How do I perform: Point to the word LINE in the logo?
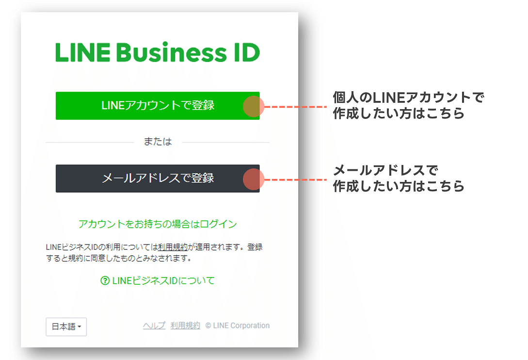click(81, 52)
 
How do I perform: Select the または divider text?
click(158, 142)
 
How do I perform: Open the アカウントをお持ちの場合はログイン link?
click(158, 224)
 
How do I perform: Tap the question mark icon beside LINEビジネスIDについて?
click(105, 280)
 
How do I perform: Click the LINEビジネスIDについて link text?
click(163, 280)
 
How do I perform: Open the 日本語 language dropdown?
click(66, 327)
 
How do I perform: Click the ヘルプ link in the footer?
click(154, 326)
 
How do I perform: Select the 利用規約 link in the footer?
click(185, 326)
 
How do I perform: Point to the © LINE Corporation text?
click(238, 326)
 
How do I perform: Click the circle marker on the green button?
click(253, 106)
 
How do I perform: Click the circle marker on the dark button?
click(253, 179)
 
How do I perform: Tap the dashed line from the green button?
click(296, 107)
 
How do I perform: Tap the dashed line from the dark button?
click(296, 180)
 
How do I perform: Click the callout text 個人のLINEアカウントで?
click(408, 98)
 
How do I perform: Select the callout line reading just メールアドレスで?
click(385, 171)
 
